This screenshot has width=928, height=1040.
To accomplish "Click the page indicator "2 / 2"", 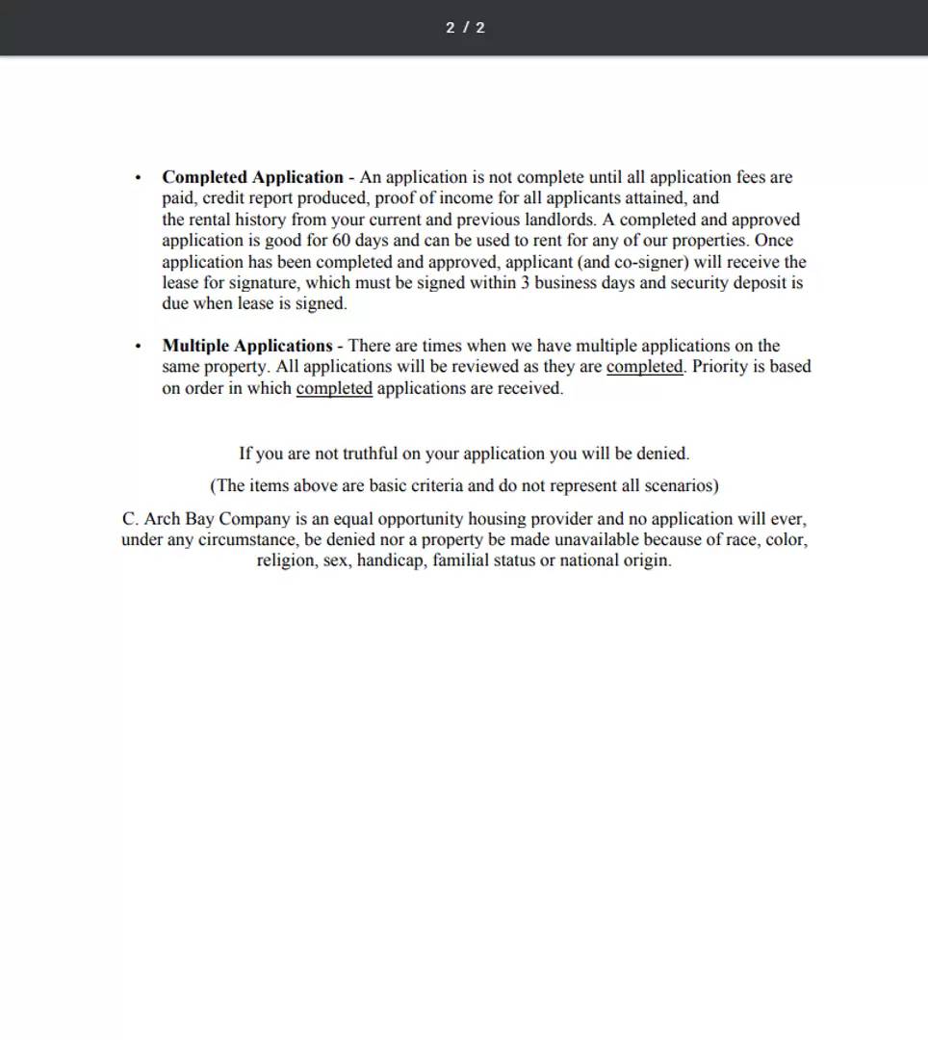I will coord(465,28).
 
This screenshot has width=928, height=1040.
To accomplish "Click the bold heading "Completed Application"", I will coord(252,177).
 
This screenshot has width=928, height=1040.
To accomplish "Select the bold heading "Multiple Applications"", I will coord(246,346).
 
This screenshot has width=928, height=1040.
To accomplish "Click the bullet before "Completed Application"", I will coord(139,178).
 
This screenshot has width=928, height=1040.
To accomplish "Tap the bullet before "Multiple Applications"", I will coord(139,347).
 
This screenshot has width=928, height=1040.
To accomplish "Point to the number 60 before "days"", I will coord(341,241).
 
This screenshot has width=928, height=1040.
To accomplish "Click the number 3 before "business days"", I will coord(526,283).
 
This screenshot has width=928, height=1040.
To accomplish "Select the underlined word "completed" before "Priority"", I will coord(644,367).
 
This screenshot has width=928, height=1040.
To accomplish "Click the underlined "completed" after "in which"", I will coord(334,388).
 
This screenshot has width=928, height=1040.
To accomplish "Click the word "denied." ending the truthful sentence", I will coord(663,454).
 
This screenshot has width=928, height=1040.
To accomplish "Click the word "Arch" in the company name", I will coord(164,519).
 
